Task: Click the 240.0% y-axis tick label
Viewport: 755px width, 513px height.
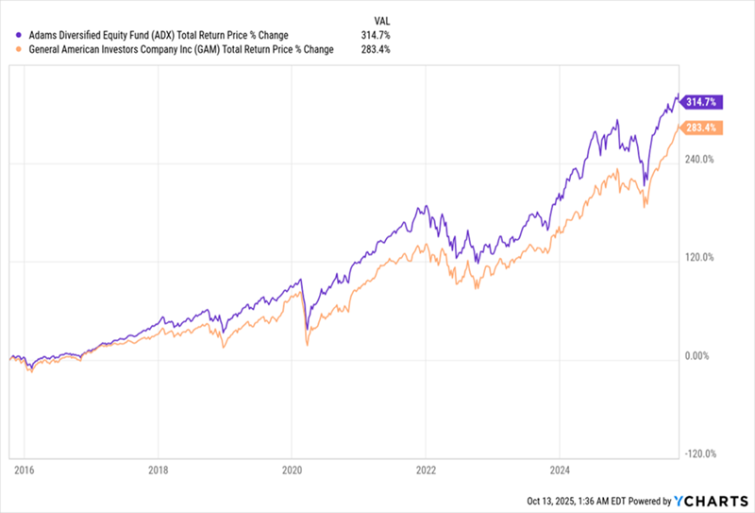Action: pyautogui.click(x=699, y=160)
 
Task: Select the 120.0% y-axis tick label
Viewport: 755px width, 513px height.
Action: pyautogui.click(x=699, y=258)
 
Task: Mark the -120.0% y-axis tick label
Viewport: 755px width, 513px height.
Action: pyautogui.click(x=698, y=454)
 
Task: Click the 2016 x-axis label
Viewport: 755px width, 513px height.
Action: pyautogui.click(x=24, y=470)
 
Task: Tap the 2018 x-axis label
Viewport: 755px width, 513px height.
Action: pyautogui.click(x=159, y=470)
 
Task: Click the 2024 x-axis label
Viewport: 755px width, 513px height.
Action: pyautogui.click(x=560, y=470)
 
